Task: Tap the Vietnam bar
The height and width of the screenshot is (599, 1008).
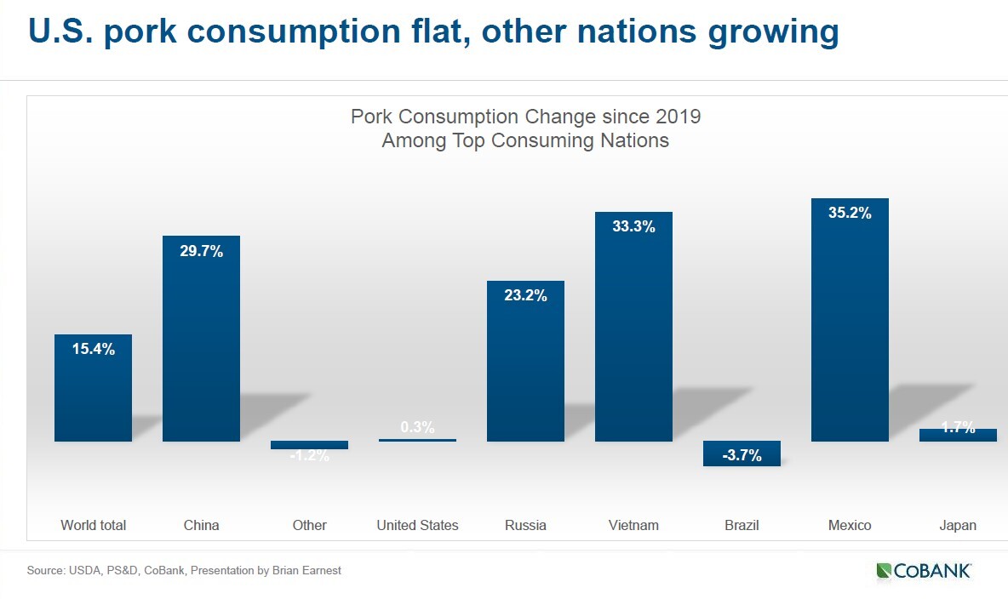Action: coord(633,327)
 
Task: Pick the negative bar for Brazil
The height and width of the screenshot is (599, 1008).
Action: coord(742,454)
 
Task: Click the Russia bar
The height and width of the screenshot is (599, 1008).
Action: coord(525,361)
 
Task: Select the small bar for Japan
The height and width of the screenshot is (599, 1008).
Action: coord(958,435)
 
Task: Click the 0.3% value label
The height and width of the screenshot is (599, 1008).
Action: coord(417,427)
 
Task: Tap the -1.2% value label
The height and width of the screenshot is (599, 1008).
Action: coord(309,456)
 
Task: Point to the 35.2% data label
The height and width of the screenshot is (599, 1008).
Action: coord(850,213)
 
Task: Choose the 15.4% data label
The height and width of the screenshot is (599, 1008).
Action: coord(93,349)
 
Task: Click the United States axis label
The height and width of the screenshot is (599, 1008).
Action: coord(417,525)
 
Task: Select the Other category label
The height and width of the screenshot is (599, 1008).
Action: coord(309,525)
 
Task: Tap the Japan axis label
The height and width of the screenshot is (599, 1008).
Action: coord(958,525)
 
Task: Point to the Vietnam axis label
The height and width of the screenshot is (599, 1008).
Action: coord(633,525)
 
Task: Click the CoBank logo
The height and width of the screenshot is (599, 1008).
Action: coord(924,571)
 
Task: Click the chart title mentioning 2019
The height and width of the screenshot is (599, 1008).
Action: coord(525,128)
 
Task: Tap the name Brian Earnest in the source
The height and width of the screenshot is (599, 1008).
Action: coord(306,570)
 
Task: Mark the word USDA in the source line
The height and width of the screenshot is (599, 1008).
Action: coord(83,570)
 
